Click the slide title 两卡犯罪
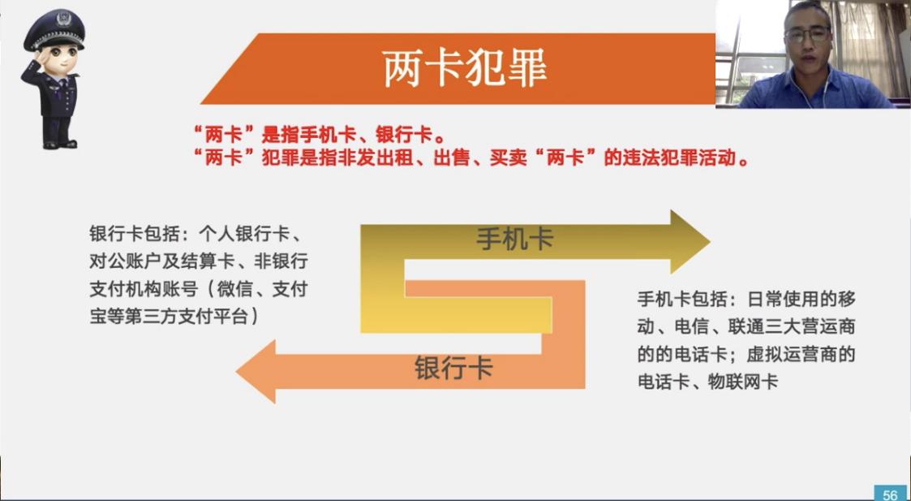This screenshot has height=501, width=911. (x=464, y=69)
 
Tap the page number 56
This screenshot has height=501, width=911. (x=890, y=495)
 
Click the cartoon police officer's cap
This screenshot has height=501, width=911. (x=54, y=29)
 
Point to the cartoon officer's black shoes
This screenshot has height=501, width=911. (x=59, y=143)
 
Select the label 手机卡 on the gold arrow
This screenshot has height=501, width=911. (x=515, y=239)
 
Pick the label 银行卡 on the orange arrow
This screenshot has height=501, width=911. (x=453, y=368)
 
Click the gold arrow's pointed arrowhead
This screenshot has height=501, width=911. (x=690, y=241)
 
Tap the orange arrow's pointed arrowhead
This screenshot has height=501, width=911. (x=256, y=371)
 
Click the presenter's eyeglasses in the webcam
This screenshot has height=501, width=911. (x=807, y=34)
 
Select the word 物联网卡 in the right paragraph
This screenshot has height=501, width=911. (x=742, y=382)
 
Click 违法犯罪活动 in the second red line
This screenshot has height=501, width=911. (x=668, y=158)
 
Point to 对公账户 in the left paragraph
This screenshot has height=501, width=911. (x=124, y=261)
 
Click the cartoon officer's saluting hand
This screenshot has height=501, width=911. (x=32, y=65)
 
